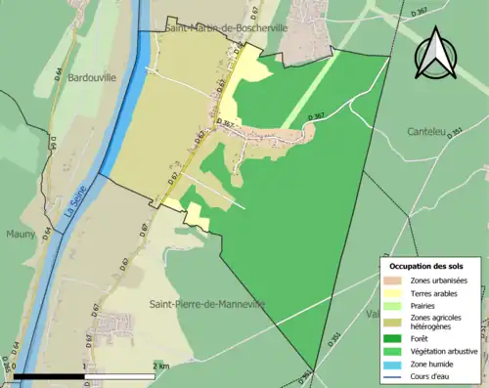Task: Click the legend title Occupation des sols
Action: click(426, 266)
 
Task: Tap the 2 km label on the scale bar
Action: click(162, 366)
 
